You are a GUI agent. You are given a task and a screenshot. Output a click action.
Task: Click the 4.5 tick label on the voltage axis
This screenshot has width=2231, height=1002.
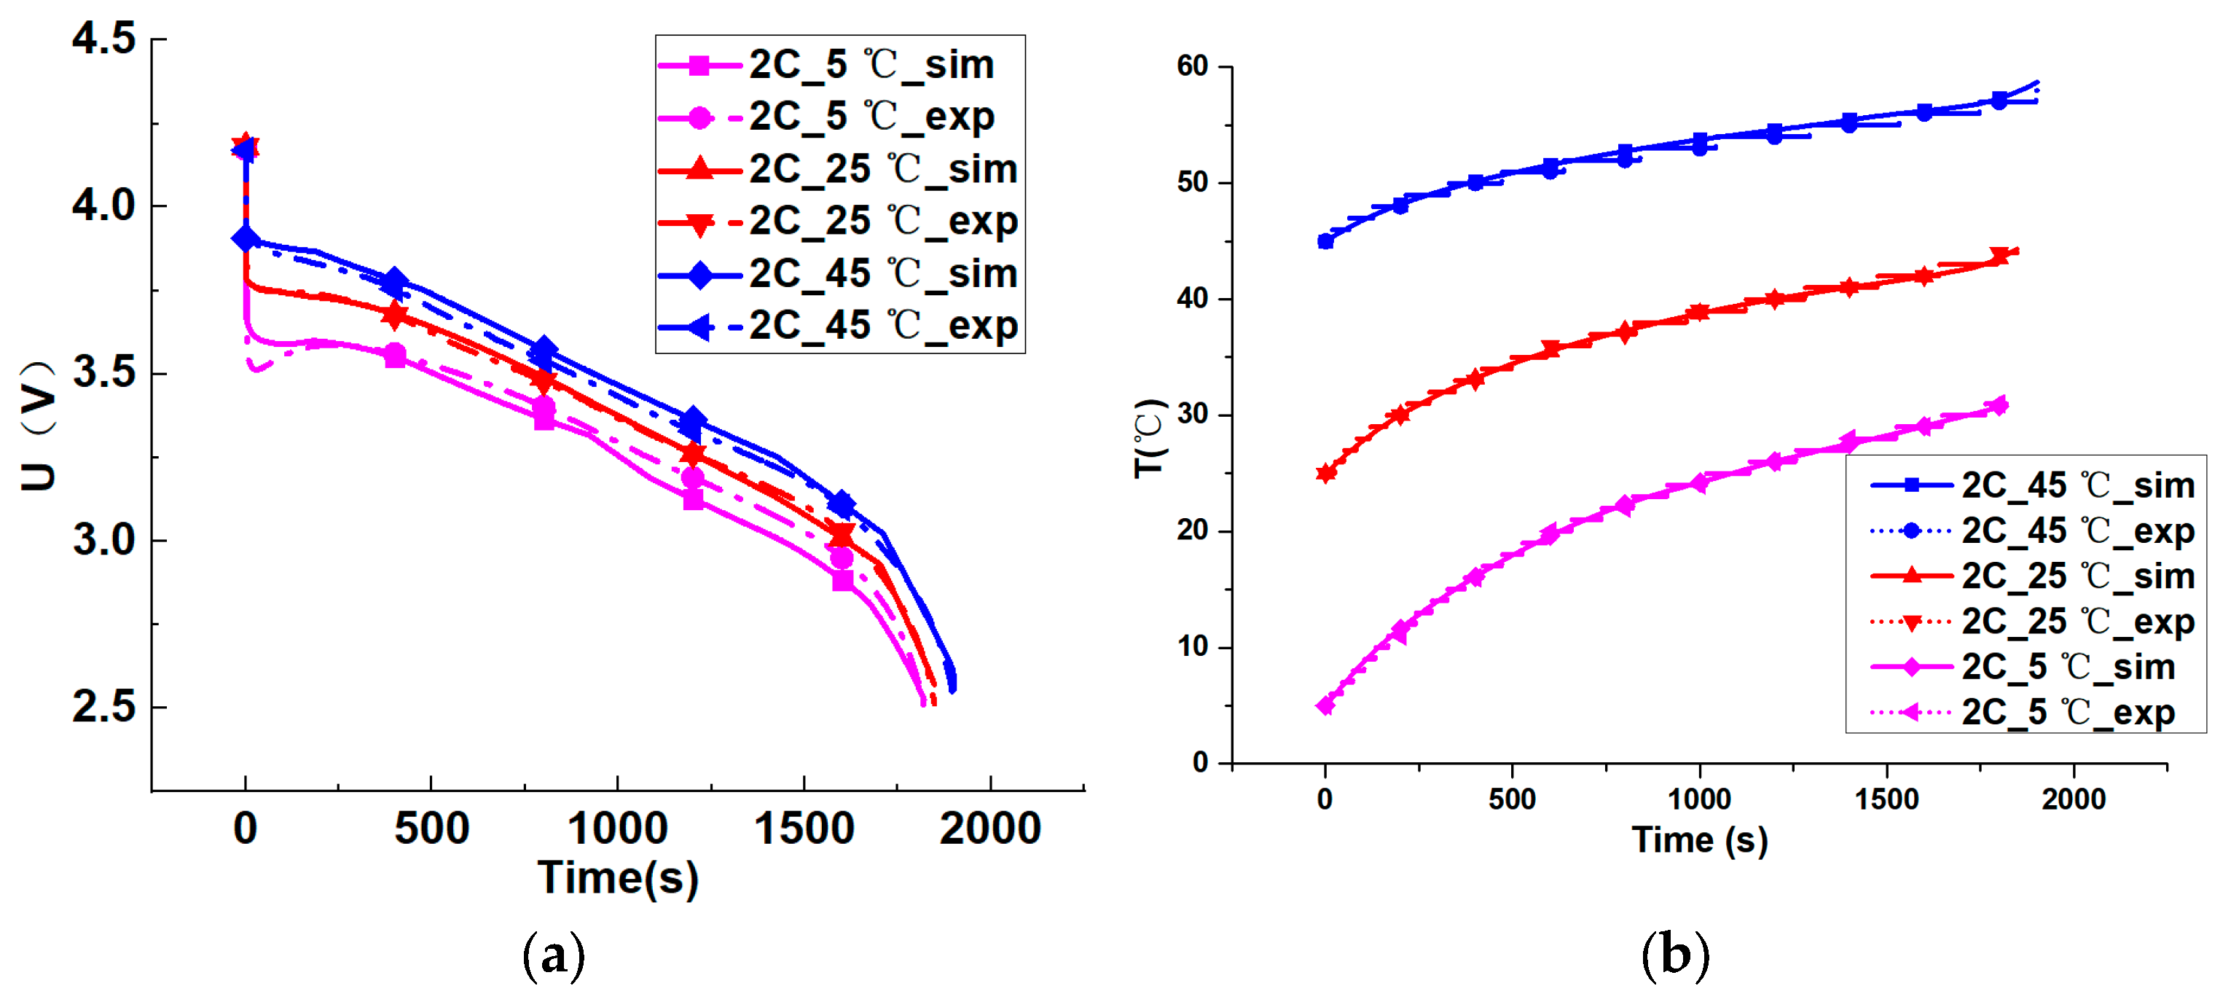(x=104, y=39)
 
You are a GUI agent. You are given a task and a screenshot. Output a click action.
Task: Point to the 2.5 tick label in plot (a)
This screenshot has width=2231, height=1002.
(x=104, y=707)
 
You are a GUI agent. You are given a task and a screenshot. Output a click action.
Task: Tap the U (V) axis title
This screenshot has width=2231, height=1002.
(x=38, y=426)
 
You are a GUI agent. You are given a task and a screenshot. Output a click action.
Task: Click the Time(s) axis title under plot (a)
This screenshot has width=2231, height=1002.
(x=618, y=877)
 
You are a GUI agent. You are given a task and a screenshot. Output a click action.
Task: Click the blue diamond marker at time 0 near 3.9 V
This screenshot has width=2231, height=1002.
(x=246, y=238)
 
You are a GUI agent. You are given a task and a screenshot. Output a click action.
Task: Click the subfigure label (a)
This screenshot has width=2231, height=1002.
(x=554, y=955)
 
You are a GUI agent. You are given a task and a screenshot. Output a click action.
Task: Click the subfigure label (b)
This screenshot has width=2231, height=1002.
(x=1675, y=955)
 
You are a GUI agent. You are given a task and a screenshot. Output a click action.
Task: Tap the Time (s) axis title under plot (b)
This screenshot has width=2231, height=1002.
(x=1699, y=839)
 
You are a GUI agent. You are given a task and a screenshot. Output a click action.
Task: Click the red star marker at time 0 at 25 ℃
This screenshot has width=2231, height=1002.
(x=1325, y=473)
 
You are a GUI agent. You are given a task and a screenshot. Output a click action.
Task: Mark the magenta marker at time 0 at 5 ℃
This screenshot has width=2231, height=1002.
(x=1325, y=706)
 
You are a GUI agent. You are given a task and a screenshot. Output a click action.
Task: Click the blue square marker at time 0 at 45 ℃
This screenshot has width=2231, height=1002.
(x=1325, y=242)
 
